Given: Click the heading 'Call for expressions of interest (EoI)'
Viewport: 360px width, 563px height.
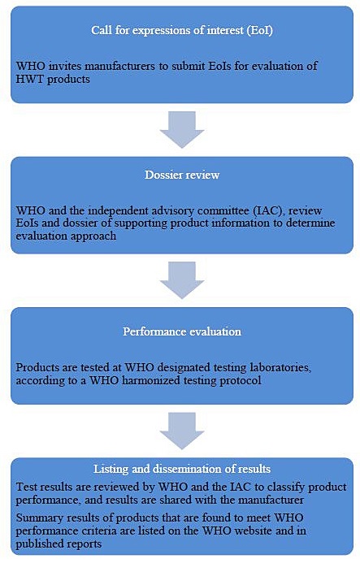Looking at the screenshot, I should coord(180,32).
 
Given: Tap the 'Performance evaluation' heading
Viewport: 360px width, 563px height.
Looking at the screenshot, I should coord(180,332).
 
